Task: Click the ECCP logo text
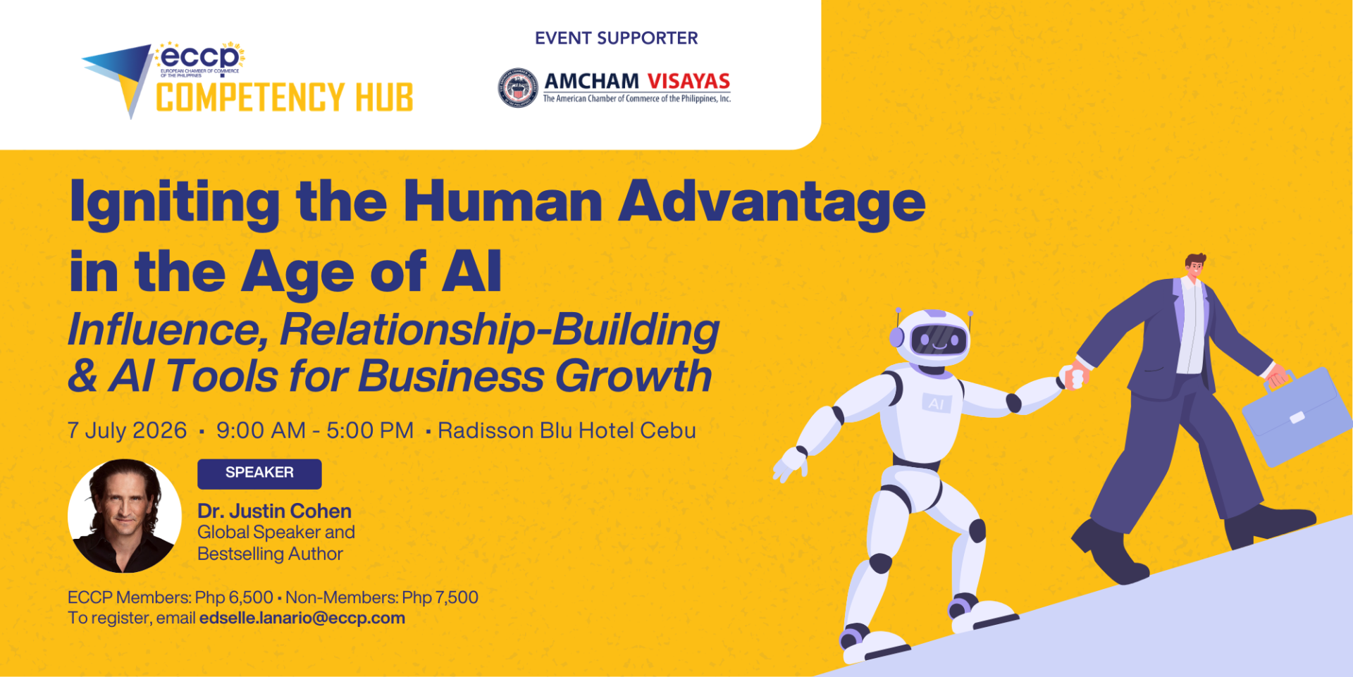200,57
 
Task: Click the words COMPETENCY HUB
285,98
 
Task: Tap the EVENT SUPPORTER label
617,38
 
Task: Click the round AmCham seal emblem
518,88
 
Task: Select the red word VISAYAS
688,81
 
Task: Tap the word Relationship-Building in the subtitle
500,330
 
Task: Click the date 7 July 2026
127,430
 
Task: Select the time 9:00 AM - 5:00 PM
315,430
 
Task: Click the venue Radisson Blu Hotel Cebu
567,430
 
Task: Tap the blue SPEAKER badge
259,473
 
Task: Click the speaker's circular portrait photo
124,516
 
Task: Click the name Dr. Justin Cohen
274,511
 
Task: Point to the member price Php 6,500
234,597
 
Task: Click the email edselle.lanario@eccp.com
302,618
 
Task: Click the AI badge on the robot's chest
937,404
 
